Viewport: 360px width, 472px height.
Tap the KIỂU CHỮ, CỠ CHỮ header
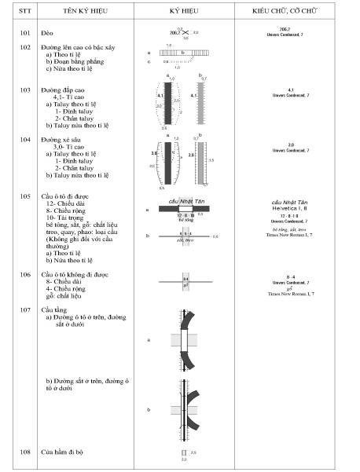tap(290, 14)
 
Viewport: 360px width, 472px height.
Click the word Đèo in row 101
tap(48, 34)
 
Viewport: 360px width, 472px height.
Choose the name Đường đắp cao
tap(64, 90)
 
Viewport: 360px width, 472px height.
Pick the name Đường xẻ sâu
tap(63, 140)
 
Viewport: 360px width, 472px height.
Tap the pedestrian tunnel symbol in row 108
tap(184, 453)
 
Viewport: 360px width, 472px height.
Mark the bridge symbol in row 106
tap(186, 281)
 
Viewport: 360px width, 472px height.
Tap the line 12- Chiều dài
tap(70, 203)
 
